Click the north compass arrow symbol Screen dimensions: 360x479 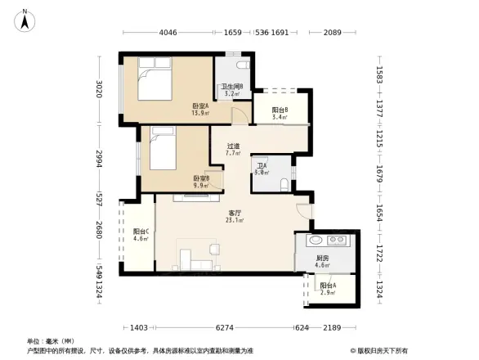click(27, 19)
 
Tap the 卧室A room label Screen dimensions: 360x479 click(200, 107)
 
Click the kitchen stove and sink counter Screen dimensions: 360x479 click(325, 241)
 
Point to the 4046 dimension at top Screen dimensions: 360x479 click(168, 34)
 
